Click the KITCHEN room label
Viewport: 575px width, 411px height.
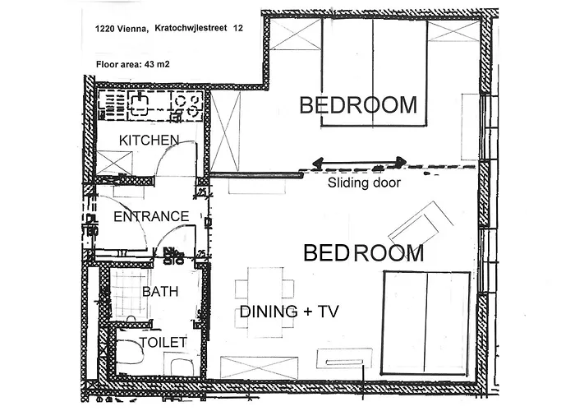point(149,141)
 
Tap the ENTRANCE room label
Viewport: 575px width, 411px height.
point(151,216)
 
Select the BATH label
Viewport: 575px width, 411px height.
point(160,291)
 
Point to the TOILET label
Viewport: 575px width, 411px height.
point(163,343)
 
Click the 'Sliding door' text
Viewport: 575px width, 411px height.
point(364,182)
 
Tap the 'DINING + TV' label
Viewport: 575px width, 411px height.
point(289,312)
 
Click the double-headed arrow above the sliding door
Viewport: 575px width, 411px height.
point(360,162)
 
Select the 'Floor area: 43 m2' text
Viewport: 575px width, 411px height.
point(133,65)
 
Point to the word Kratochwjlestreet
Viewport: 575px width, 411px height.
point(191,28)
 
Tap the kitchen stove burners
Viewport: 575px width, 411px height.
point(188,105)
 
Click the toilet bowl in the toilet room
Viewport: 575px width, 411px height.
point(130,351)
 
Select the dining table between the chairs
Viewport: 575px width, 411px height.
point(265,302)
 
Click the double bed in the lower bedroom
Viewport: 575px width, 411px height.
point(425,323)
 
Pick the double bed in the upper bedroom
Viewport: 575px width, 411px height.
point(374,72)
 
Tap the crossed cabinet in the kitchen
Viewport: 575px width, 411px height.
point(114,163)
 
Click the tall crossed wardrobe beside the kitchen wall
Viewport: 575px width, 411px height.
point(225,132)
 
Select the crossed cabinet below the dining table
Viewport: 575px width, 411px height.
point(259,367)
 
